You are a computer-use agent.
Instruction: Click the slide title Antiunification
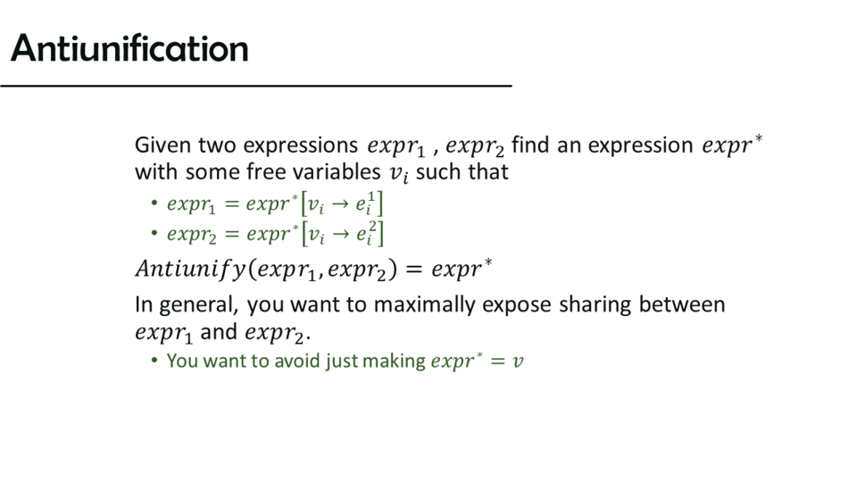129,48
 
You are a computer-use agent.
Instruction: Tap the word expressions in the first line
301,146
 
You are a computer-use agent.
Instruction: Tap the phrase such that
462,172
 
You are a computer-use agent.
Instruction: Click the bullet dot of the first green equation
154,204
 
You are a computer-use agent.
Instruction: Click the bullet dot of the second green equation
154,234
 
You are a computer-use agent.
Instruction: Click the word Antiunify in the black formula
191,270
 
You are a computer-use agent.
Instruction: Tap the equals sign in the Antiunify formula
413,270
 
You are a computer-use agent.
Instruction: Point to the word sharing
595,305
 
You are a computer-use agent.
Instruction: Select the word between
682,304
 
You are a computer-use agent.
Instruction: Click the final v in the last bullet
518,361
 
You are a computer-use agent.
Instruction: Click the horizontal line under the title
256,86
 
